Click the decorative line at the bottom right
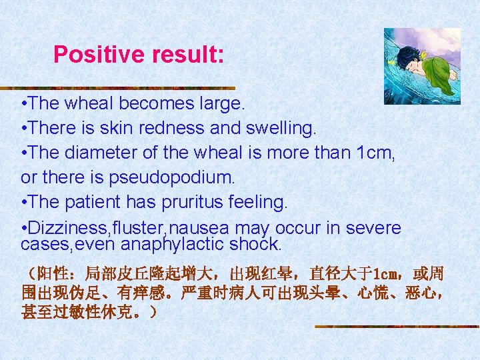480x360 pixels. coord(396,327)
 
